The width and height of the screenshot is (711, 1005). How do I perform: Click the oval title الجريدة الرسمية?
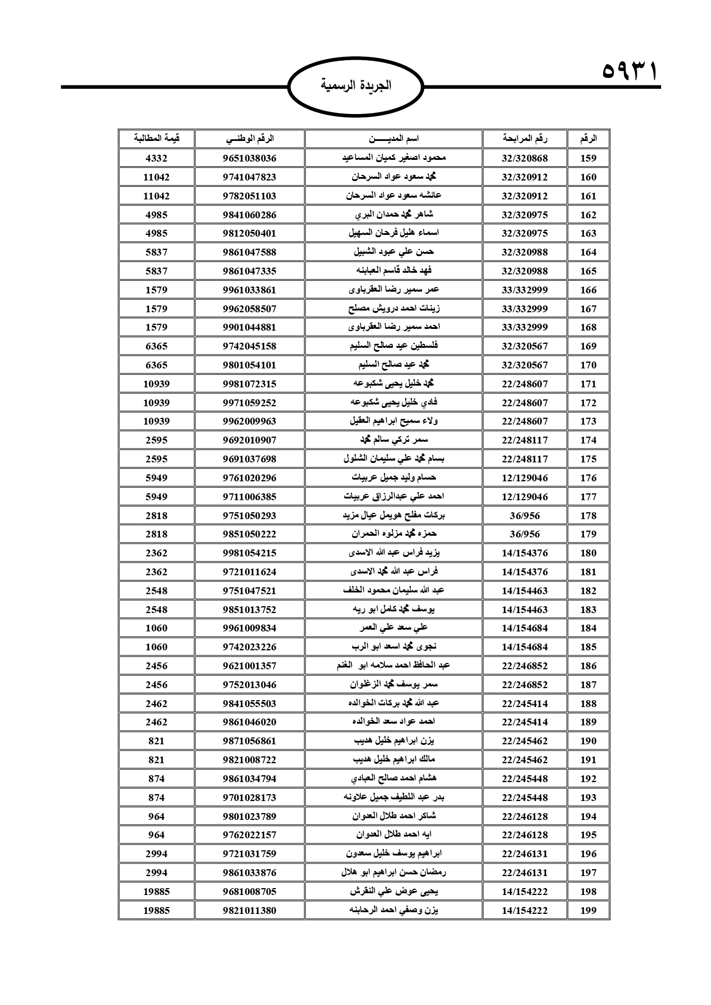[355, 86]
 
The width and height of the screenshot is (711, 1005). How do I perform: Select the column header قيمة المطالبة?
[156, 139]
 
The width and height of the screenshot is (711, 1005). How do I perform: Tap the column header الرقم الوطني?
[249, 139]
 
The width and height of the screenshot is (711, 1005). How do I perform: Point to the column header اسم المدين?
[393, 139]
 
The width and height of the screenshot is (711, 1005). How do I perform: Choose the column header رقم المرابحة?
[524, 139]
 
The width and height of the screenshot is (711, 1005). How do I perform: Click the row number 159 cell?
[588, 158]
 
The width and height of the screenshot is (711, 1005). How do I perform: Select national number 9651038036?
[249, 158]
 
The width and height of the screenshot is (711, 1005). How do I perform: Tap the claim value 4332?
[156, 158]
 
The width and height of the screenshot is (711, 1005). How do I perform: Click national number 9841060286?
[249, 215]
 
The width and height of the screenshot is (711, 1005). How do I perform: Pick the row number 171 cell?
[588, 384]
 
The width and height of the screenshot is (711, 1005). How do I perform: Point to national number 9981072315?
[249, 384]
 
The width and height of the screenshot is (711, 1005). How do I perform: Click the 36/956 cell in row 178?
[524, 515]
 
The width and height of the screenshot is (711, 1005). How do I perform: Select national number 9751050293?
[249, 515]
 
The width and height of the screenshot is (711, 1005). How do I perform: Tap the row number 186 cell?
[588, 666]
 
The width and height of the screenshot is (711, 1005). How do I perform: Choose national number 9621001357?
[249, 666]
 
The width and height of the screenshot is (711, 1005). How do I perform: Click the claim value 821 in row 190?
[156, 741]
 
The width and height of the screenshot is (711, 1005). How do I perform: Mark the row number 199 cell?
[588, 910]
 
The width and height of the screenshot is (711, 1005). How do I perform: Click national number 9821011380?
[249, 910]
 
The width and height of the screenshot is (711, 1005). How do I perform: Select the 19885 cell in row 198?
[156, 892]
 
